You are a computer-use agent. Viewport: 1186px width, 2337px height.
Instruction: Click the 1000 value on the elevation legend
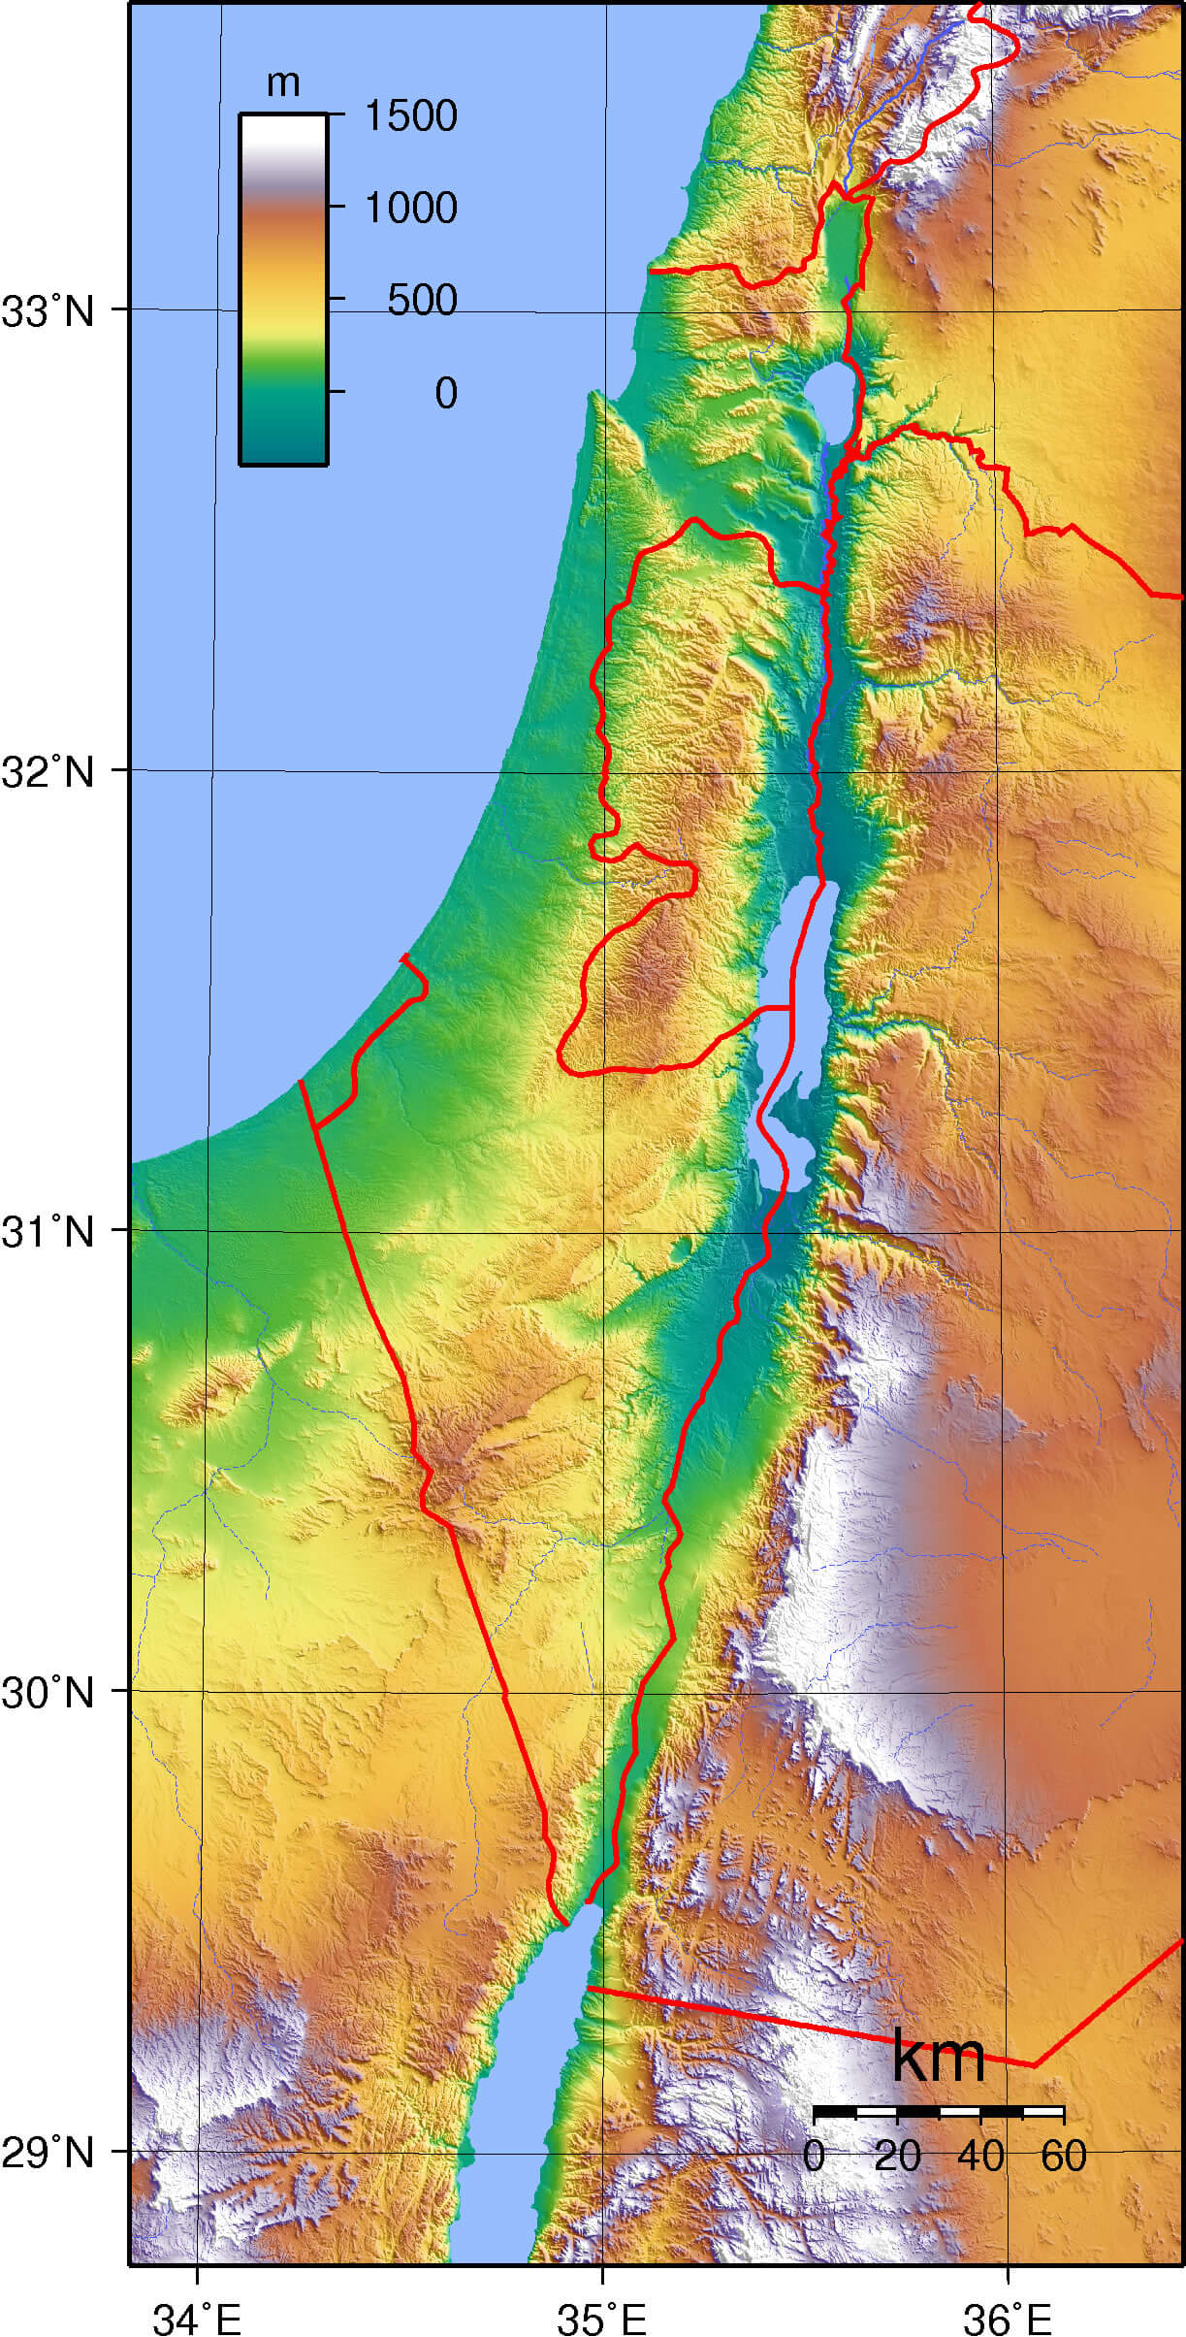409,208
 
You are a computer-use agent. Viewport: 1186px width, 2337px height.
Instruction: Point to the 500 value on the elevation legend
422,301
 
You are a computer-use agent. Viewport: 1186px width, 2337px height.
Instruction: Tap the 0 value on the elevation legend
445,393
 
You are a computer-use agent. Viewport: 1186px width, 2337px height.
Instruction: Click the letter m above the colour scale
283,84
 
